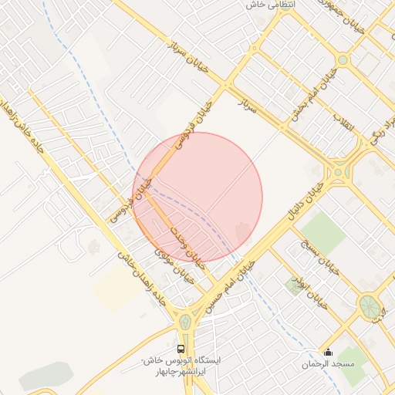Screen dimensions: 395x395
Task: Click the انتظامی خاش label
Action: click(x=266, y=5)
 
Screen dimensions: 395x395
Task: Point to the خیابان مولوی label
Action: click(x=170, y=262)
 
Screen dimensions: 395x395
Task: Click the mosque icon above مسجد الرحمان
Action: click(x=329, y=352)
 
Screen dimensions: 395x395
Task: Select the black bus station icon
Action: click(x=181, y=349)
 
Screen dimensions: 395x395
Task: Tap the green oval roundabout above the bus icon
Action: click(x=185, y=321)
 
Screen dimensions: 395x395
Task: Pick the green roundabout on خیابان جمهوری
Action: click(x=343, y=59)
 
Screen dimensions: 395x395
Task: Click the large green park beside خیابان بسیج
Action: click(x=323, y=231)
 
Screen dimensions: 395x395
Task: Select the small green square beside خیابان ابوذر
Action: click(x=294, y=285)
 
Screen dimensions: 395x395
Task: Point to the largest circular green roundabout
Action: click(x=369, y=306)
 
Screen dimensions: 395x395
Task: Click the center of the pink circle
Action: click(x=197, y=197)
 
